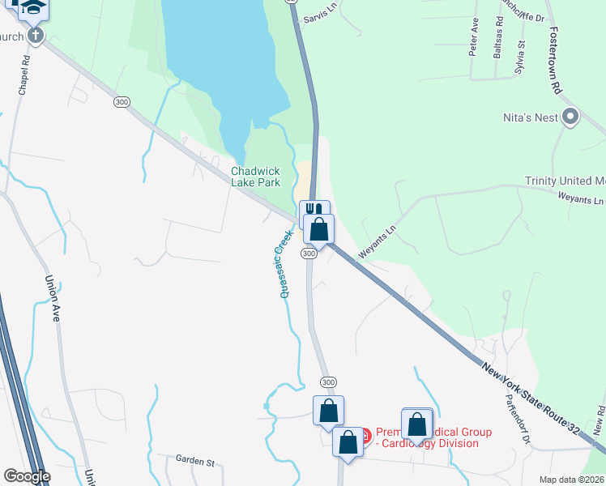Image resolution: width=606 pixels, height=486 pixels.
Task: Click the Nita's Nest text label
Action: (529, 118)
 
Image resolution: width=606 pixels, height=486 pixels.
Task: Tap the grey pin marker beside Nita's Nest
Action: (570, 118)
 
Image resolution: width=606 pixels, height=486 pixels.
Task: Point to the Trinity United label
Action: (565, 181)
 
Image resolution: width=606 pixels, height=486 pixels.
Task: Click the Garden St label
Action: (194, 460)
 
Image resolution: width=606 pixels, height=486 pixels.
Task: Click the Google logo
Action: (27, 476)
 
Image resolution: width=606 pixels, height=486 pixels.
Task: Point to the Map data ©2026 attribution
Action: (572, 480)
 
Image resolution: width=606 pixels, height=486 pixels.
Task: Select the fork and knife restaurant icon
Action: (314, 211)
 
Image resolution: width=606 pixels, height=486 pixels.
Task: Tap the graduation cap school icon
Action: (33, 7)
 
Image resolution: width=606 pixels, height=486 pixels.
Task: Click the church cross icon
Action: (35, 36)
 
